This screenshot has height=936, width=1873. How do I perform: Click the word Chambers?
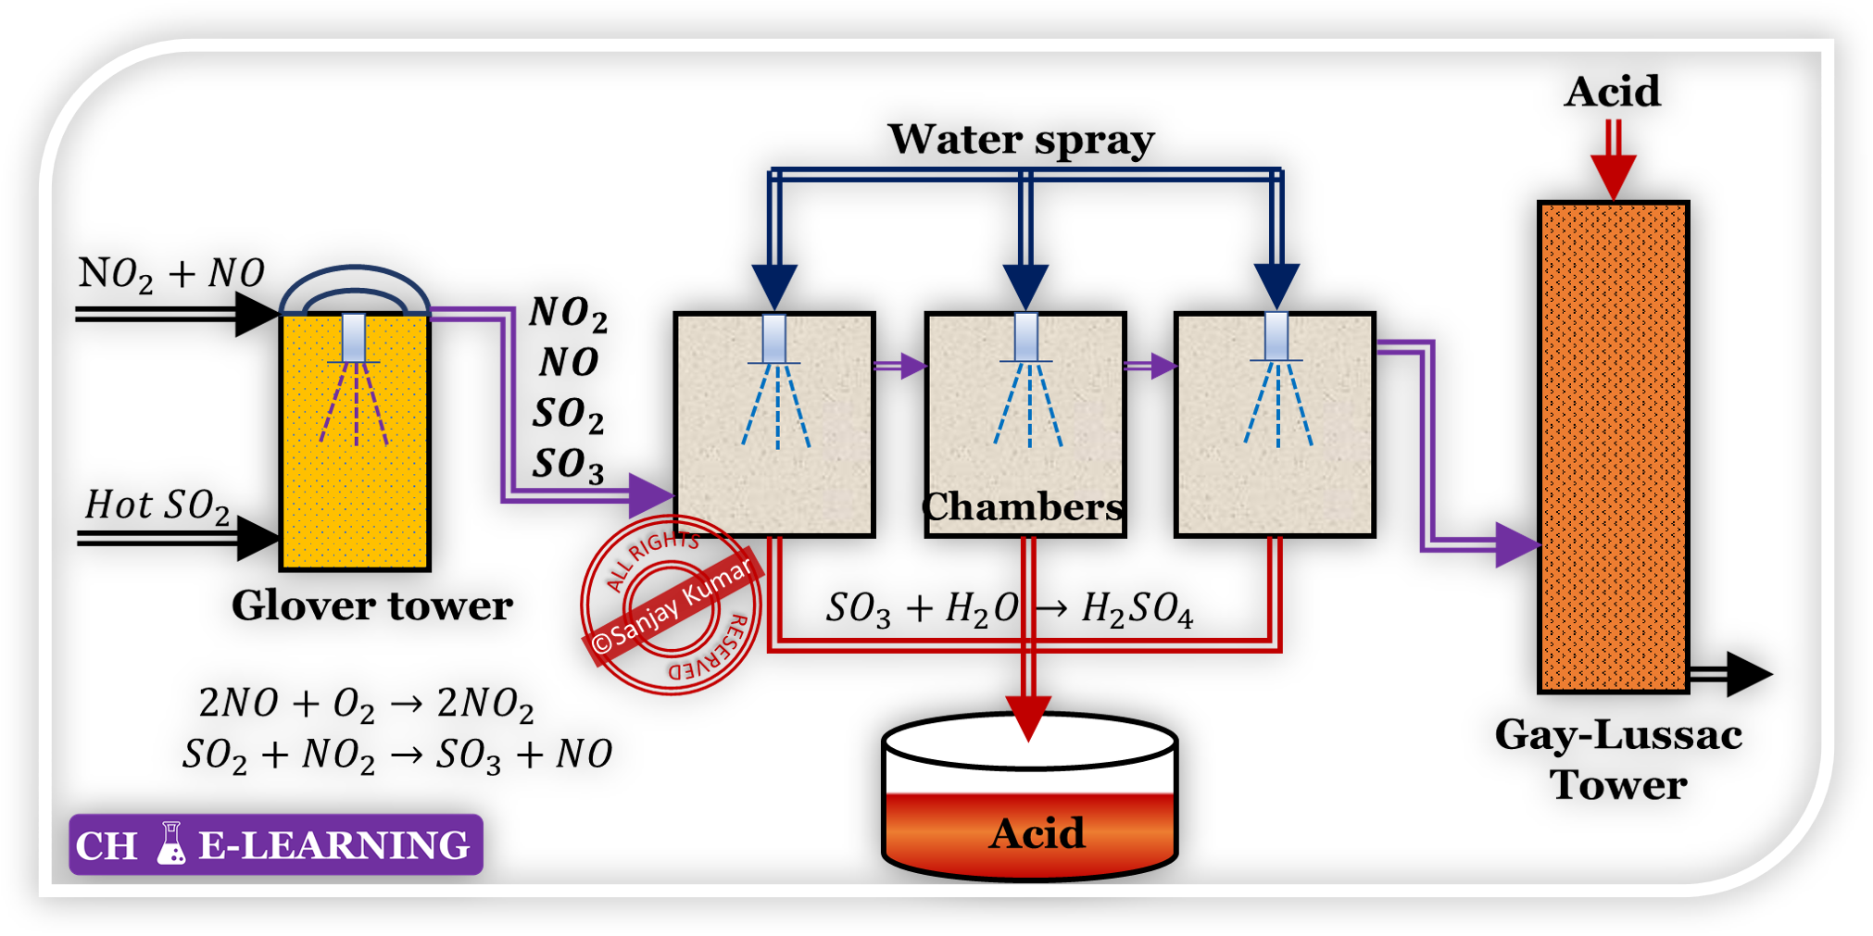click(x=1024, y=506)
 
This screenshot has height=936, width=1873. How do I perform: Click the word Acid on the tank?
click(x=1037, y=833)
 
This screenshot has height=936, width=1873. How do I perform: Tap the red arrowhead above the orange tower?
click(x=1613, y=175)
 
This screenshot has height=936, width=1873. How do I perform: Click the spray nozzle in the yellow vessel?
click(x=354, y=338)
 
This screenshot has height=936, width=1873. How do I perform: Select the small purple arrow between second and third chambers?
click(x=1162, y=366)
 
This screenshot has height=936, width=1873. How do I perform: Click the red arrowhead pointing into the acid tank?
click(x=1028, y=717)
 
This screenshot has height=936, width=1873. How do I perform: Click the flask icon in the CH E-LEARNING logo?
click(x=170, y=843)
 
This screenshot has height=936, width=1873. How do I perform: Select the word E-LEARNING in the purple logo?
click(x=334, y=845)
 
